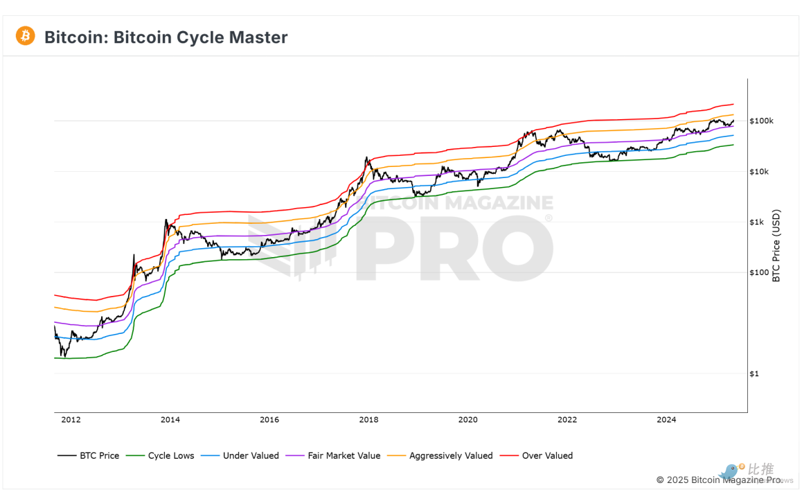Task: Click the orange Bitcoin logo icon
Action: [x=26, y=36]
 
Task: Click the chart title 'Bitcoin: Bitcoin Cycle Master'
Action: [x=166, y=37]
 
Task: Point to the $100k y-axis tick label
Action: [x=761, y=121]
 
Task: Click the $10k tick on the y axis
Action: [x=760, y=172]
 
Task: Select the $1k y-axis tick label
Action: [x=758, y=222]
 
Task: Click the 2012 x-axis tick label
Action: [x=71, y=419]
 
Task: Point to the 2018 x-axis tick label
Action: [x=368, y=419]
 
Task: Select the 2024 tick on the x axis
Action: [x=666, y=419]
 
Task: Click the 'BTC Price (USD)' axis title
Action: [x=776, y=245]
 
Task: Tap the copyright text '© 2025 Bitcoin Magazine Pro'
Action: [x=719, y=480]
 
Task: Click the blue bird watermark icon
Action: [x=729, y=472]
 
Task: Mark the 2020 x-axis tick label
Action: [x=468, y=419]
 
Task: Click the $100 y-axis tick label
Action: [x=759, y=272]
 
